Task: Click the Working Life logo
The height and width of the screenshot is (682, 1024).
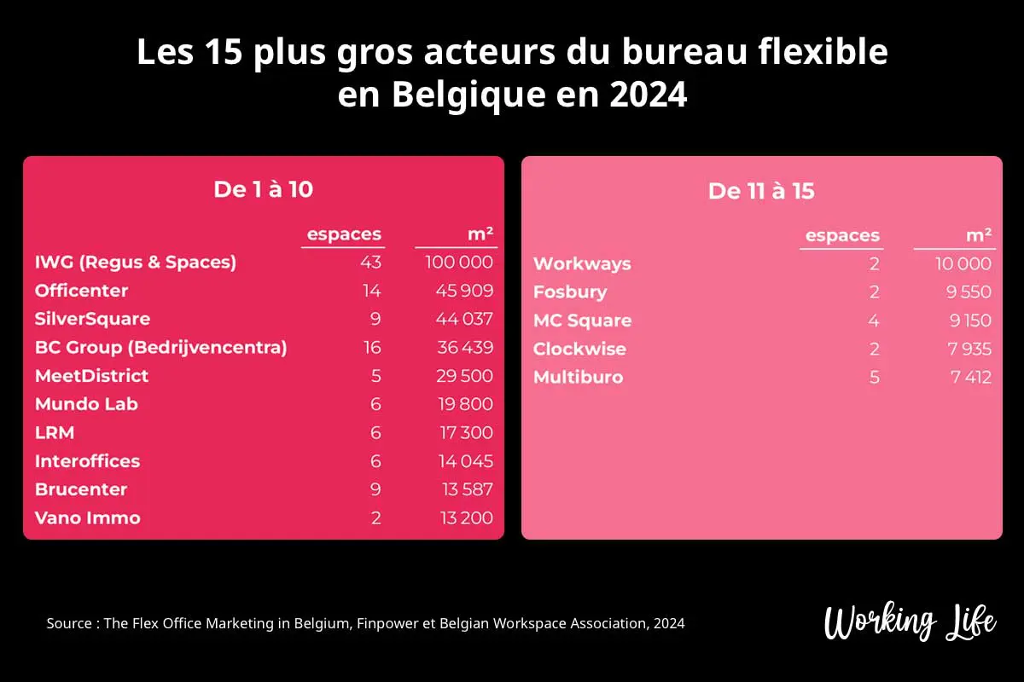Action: coord(910,621)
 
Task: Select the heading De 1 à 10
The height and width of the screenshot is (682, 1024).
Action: coord(263,189)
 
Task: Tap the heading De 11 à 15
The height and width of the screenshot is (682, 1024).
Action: coord(761,191)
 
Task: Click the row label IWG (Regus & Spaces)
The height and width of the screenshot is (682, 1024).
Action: coord(136,262)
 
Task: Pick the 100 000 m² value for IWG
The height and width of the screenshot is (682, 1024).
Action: coord(459,262)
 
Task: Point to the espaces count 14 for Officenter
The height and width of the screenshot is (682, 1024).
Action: coord(371,291)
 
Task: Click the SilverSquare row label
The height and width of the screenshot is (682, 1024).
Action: coord(92,319)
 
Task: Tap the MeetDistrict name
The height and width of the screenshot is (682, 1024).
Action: coord(91,376)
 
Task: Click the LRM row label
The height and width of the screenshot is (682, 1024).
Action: coord(55,432)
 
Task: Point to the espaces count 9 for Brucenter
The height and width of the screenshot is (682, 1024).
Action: coord(375,489)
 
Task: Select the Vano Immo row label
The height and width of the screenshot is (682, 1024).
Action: coord(87,517)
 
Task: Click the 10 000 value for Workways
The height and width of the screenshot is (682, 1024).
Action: coord(963,263)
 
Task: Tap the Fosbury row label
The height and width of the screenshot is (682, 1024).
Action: coord(570,292)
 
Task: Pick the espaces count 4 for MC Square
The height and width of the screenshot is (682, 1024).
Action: coord(874,321)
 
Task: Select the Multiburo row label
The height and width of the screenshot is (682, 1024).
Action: coord(578,377)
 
